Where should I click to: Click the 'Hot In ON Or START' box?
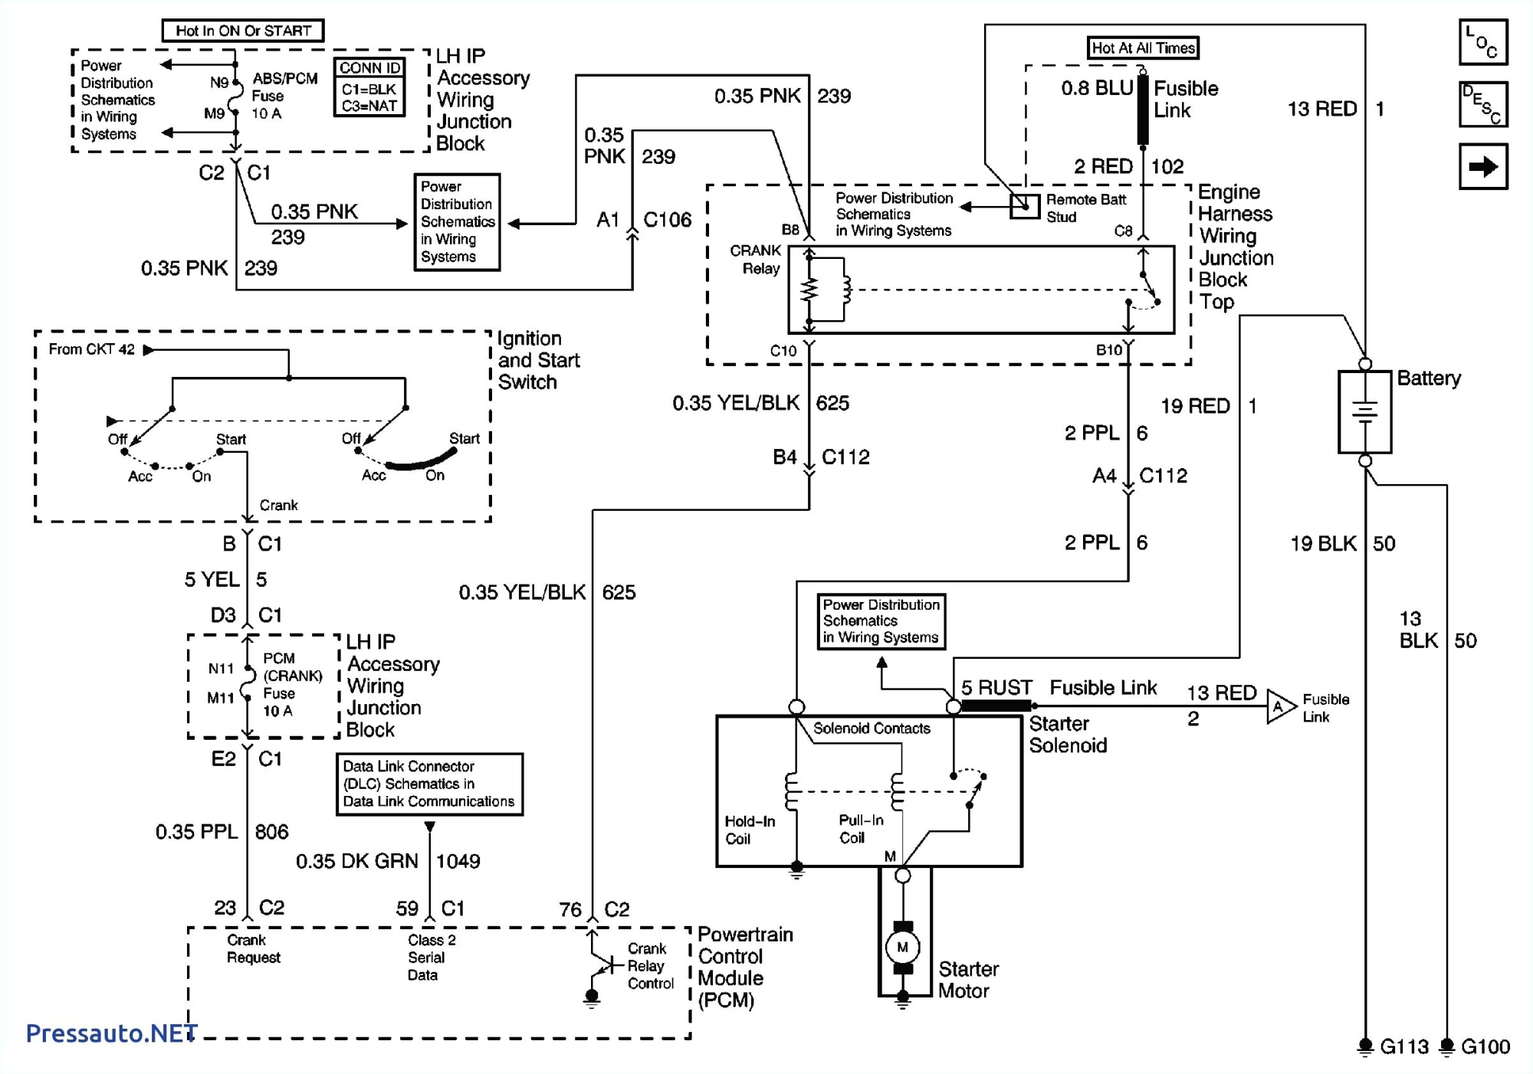pyautogui.click(x=243, y=31)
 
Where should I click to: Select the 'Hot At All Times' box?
pyautogui.click(x=1143, y=47)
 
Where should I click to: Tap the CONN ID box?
pyautogui.click(x=369, y=87)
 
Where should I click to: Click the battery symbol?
pyautogui.click(x=1364, y=412)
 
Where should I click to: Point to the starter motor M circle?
pyautogui.click(x=902, y=948)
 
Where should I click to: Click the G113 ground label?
pyautogui.click(x=1403, y=1046)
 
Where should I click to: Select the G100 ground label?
pyautogui.click(x=1485, y=1046)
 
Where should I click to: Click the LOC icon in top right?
pyautogui.click(x=1482, y=42)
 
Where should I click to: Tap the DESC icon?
pyautogui.click(x=1482, y=104)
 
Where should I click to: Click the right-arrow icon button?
pyautogui.click(x=1482, y=166)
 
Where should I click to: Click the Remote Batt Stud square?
pyautogui.click(x=1024, y=206)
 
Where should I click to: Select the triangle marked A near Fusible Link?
pyautogui.click(x=1279, y=707)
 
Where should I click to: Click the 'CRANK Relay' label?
pyautogui.click(x=756, y=260)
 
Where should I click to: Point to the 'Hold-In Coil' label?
pyautogui.click(x=750, y=830)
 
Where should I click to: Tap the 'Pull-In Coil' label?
pyautogui.click(x=860, y=829)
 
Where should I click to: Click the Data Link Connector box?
pyautogui.click(x=429, y=784)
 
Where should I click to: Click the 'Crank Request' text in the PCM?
pyautogui.click(x=253, y=948)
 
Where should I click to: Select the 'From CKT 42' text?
pyautogui.click(x=91, y=349)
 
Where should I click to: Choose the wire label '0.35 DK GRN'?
pyautogui.click(x=357, y=861)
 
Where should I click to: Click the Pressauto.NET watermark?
pyautogui.click(x=111, y=1033)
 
